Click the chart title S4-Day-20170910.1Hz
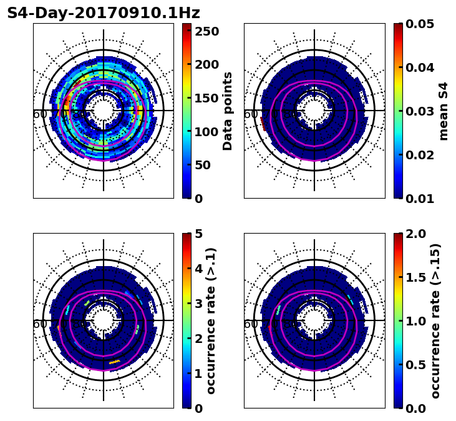click(104, 13)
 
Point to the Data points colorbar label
click(228, 111)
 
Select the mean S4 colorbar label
click(444, 111)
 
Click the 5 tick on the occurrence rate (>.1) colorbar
click(198, 234)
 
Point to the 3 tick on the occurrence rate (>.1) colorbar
click(198, 304)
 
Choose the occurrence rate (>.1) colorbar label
click(211, 321)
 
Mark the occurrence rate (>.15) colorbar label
click(435, 321)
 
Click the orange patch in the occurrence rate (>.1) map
click(115, 362)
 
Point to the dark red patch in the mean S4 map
click(263, 124)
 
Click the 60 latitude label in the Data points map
click(39, 114)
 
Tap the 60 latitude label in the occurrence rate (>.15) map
click(250, 324)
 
